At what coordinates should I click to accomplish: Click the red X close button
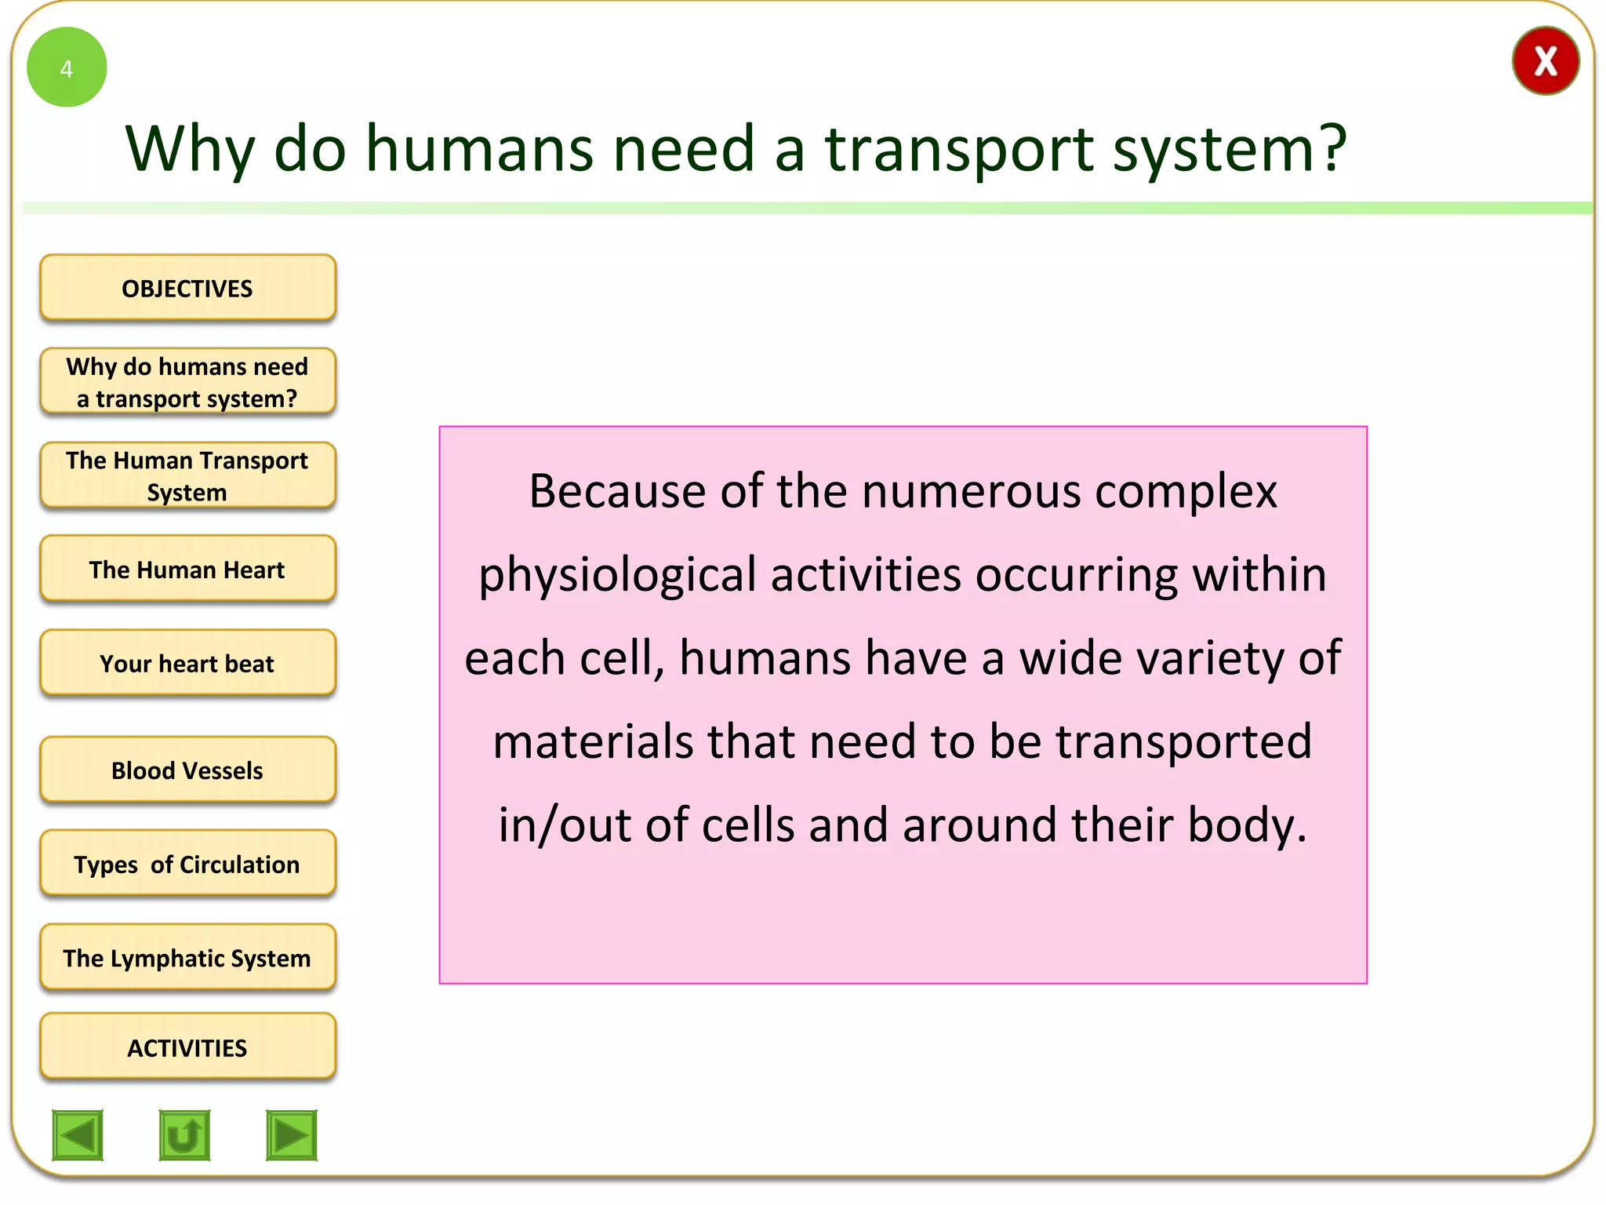1545,61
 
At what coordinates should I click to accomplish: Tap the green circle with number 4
67,67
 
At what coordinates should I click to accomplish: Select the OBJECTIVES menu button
187,288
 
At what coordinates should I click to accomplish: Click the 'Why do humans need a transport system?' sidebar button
187,382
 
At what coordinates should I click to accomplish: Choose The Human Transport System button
187,475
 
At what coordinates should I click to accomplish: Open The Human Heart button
187,570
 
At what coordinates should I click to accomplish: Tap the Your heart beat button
187,664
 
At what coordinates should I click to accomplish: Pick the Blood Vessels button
187,770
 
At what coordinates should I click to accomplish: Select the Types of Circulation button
187,864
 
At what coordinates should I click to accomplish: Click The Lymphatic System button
187,958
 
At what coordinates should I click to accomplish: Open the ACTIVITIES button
187,1047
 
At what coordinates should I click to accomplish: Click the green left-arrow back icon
78,1134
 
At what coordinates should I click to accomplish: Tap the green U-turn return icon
184,1134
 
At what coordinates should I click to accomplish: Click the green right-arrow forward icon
292,1134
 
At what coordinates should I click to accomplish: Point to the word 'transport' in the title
958,149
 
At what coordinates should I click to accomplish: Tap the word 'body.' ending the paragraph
1247,825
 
